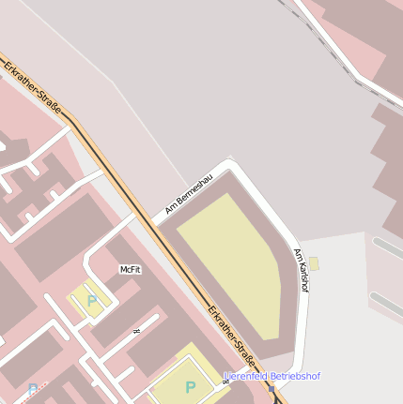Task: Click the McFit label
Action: [x=130, y=269]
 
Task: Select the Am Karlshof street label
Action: [x=302, y=270]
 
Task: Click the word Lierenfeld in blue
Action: [x=247, y=376]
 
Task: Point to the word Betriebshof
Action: [x=295, y=376]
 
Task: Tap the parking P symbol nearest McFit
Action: [x=91, y=301]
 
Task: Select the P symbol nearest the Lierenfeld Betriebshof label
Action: [x=190, y=387]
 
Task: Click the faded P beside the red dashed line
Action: [x=34, y=389]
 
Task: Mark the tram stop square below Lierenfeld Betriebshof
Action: [x=271, y=388]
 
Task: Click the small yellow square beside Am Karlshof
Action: [x=314, y=264]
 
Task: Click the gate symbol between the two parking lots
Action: [x=137, y=331]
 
